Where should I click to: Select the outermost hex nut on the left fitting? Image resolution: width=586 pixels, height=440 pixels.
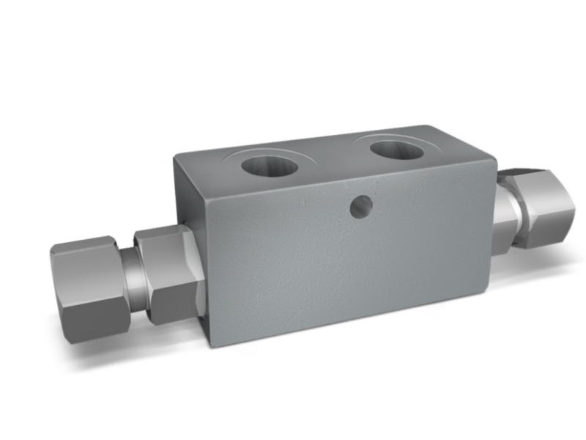(x=88, y=286)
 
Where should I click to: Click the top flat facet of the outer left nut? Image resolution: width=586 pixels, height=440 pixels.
(x=82, y=246)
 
